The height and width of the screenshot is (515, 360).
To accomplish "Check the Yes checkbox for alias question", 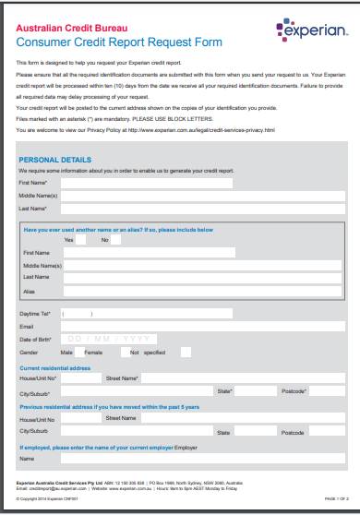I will pos(80,239).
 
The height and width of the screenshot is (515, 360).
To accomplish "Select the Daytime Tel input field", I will pos(148,314).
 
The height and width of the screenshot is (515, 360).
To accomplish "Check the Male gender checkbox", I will pos(78,352).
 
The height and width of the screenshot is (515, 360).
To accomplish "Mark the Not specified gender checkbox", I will pos(186,352).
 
